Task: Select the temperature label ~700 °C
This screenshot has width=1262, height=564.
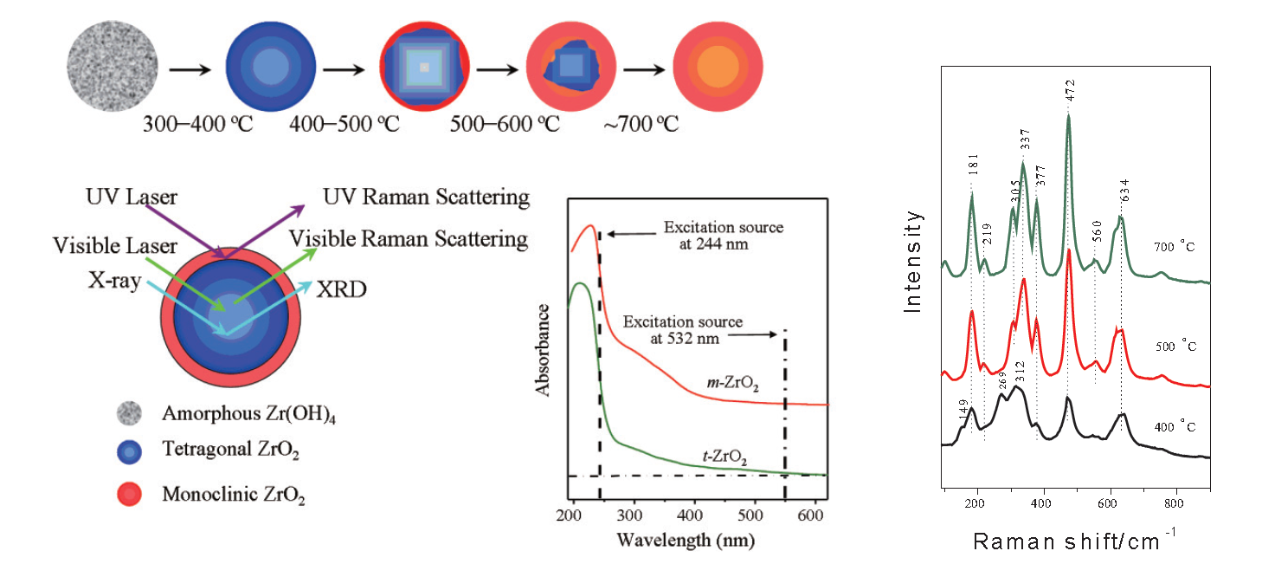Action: click(641, 124)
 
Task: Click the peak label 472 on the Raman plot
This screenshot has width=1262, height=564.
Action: click(1069, 95)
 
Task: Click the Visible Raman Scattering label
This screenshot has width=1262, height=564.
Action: click(409, 238)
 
